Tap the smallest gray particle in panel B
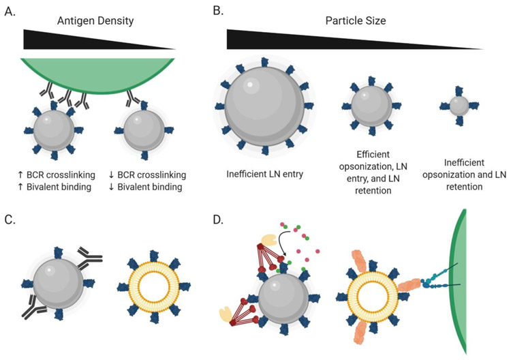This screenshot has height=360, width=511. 459,106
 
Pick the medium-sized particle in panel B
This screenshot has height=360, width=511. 371,106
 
